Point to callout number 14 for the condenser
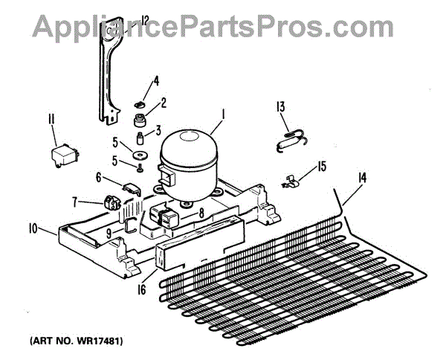pyautogui.click(x=362, y=177)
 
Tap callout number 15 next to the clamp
pyautogui.click(x=321, y=165)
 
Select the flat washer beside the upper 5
pyautogui.click(x=139, y=155)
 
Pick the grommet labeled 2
pyautogui.click(x=139, y=119)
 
